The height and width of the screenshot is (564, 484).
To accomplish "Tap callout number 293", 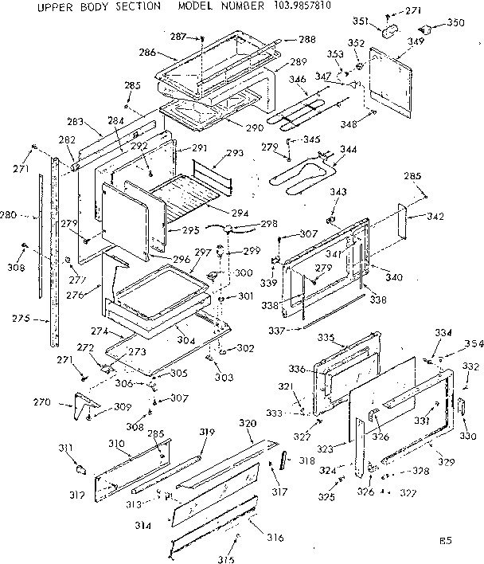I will (235, 153).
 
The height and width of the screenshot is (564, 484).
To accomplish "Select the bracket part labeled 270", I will (83, 406).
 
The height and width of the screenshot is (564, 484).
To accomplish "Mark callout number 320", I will (247, 422).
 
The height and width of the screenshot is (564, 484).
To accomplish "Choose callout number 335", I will (348, 338).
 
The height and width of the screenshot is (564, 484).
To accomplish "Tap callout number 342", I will (435, 217).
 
